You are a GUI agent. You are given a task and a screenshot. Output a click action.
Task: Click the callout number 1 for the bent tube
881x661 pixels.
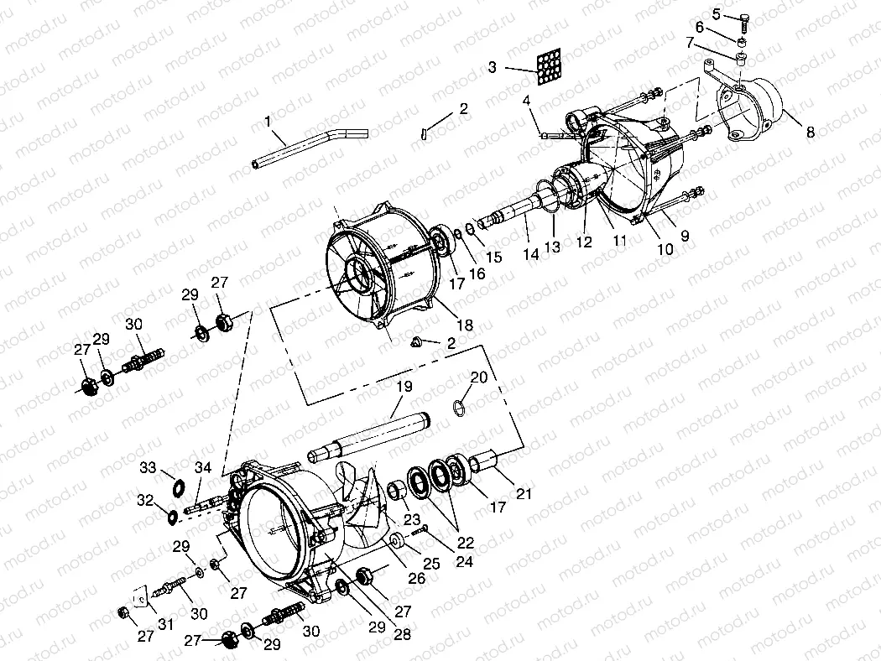click(x=268, y=122)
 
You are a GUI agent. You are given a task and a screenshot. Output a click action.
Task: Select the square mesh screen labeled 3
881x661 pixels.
click(x=550, y=65)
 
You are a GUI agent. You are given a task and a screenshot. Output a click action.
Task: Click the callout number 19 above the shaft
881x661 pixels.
click(x=404, y=388)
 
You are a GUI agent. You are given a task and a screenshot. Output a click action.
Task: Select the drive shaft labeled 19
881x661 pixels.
click(x=369, y=435)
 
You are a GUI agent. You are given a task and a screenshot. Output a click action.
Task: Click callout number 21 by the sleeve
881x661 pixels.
click(x=524, y=494)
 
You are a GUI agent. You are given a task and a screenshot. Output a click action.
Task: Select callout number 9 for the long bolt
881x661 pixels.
click(x=685, y=237)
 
